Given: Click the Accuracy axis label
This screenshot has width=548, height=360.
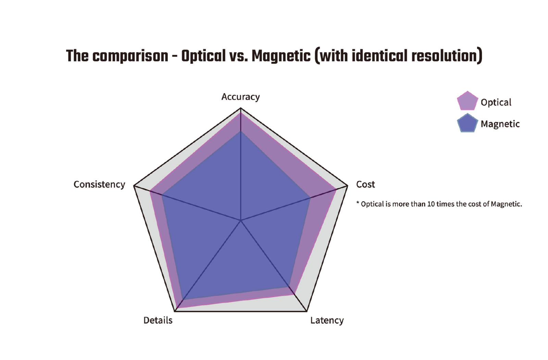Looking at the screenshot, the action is (x=240, y=97).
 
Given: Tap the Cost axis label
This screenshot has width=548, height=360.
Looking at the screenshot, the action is (x=365, y=184).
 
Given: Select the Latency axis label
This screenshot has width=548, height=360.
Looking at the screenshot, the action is (x=327, y=320).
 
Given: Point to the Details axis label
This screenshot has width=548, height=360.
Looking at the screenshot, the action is (x=158, y=320).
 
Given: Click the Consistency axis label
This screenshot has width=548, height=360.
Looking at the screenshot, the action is (x=99, y=184).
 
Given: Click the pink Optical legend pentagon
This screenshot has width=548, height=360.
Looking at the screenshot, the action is (x=467, y=101).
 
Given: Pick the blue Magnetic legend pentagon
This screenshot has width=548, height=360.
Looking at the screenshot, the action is (x=467, y=123).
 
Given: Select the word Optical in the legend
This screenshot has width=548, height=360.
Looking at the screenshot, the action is (x=496, y=102).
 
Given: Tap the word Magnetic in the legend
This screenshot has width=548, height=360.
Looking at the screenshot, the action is (x=500, y=124).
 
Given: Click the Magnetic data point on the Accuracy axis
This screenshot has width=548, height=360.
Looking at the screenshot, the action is (x=241, y=131).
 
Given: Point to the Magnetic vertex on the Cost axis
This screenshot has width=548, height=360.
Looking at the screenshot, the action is (x=310, y=198).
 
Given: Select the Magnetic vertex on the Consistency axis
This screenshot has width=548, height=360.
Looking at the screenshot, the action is (x=162, y=195).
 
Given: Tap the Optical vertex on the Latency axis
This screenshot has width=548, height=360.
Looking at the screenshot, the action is (x=294, y=294).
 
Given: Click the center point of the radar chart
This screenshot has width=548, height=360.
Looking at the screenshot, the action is (x=241, y=221).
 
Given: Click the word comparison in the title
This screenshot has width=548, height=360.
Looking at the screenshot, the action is (x=130, y=56).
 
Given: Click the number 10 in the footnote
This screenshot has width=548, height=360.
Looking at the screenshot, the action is (x=431, y=204).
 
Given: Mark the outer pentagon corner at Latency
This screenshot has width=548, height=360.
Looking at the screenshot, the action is (x=307, y=311).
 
